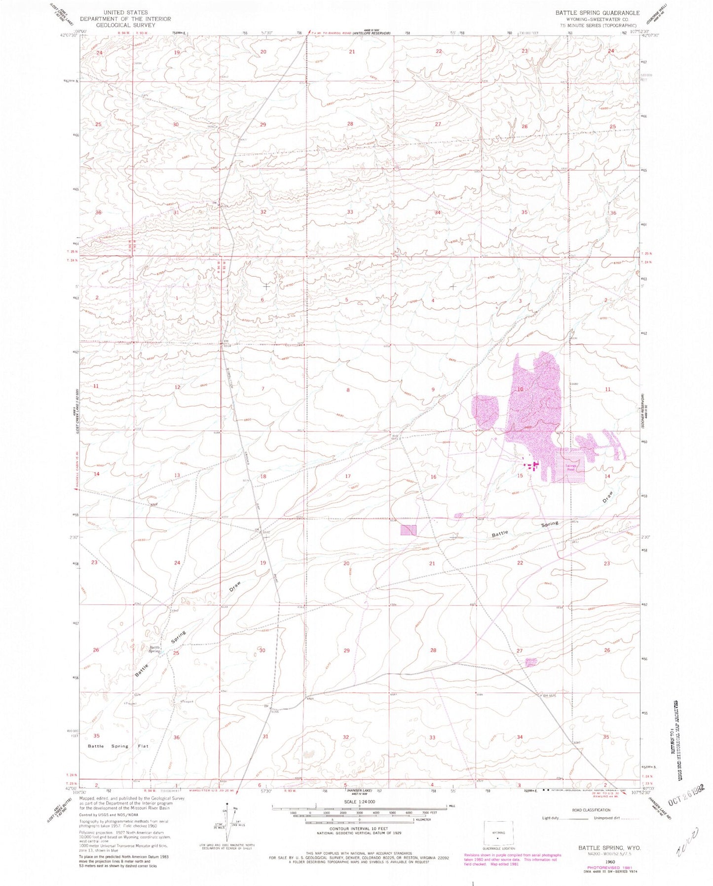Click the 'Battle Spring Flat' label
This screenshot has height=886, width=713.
click(118, 746)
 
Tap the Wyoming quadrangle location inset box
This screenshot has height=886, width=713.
click(498, 835)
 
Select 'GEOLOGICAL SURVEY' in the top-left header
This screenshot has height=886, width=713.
click(125, 25)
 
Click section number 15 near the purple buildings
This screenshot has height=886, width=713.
click(520, 476)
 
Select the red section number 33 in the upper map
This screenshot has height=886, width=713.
click(350, 212)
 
